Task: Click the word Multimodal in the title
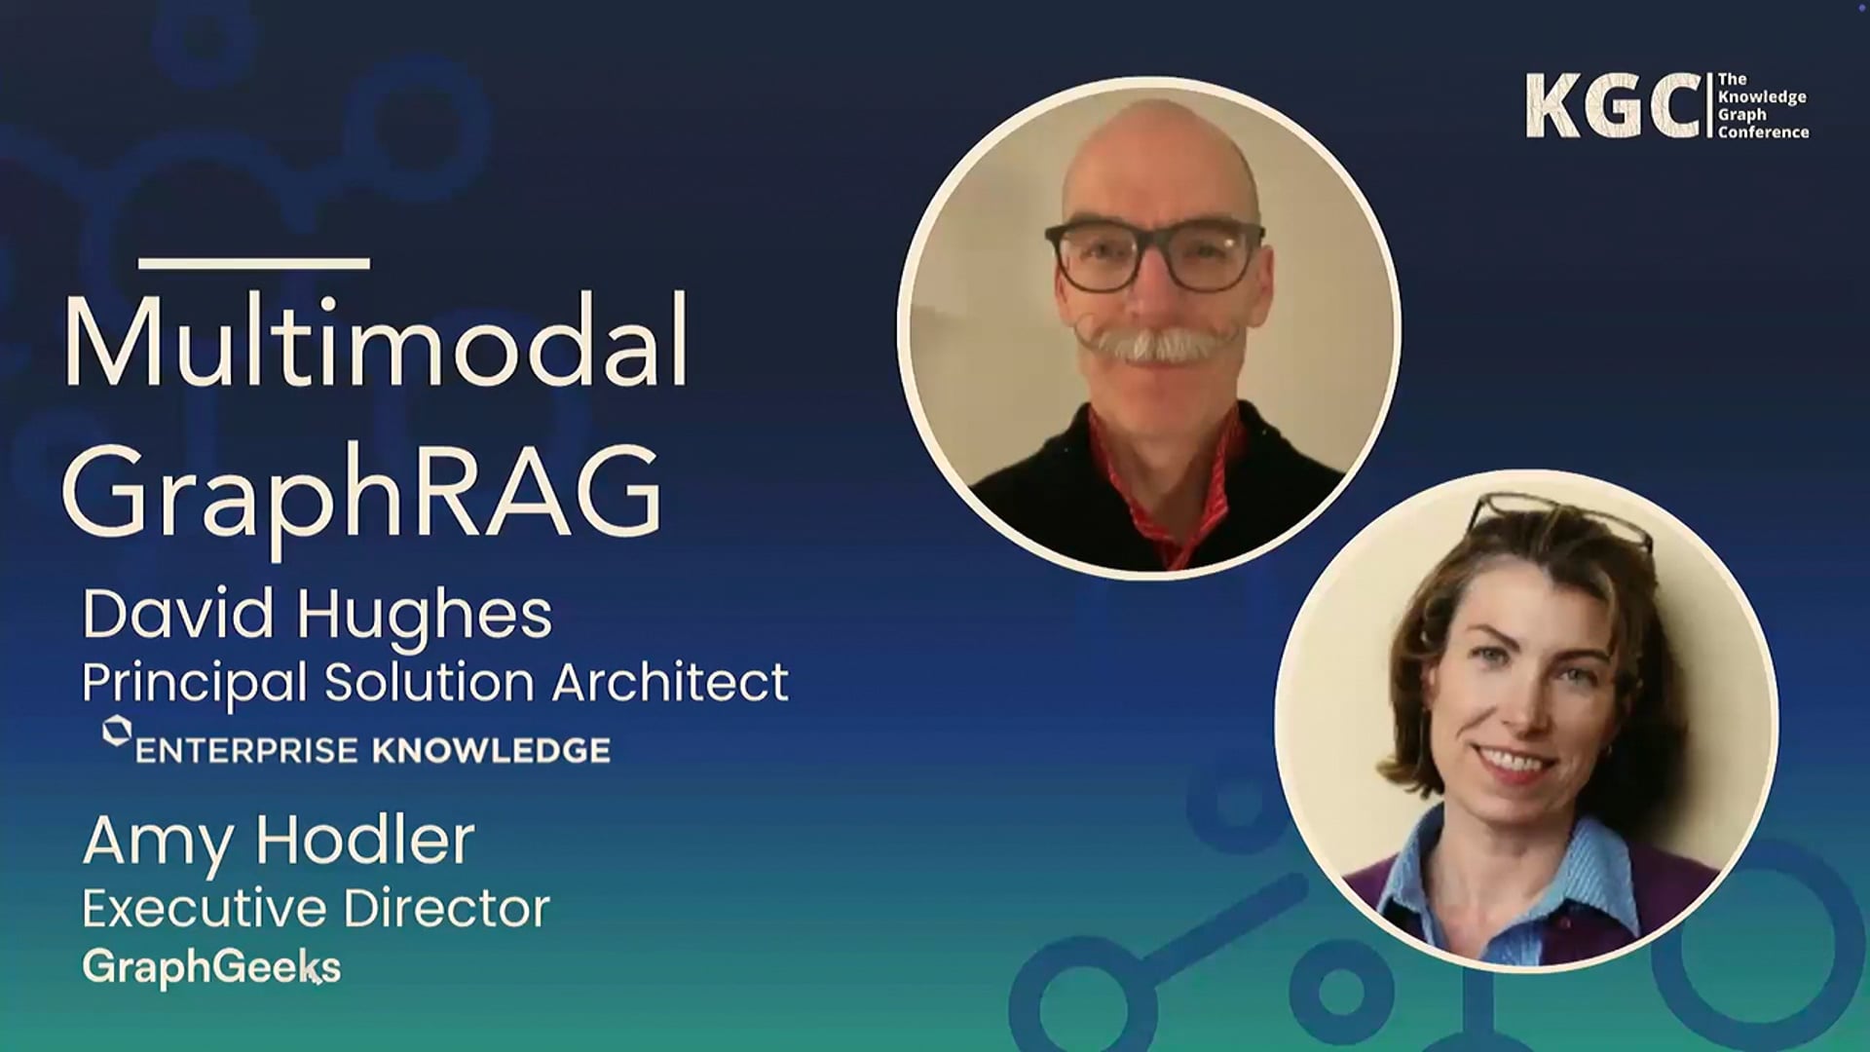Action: click(x=376, y=342)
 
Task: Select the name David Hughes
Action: click(x=317, y=615)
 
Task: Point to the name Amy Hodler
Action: click(x=279, y=841)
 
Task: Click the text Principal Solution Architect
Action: click(x=434, y=682)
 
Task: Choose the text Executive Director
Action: click(x=316, y=909)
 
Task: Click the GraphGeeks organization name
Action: click(x=211, y=966)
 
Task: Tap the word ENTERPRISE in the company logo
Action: click(x=246, y=751)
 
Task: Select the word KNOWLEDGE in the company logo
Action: click(x=491, y=751)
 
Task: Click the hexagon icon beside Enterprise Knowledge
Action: click(x=117, y=732)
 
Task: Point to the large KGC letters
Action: click(x=1612, y=106)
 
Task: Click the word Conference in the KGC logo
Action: click(x=1763, y=132)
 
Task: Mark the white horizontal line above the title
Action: click(x=254, y=263)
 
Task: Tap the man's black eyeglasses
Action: click(x=1154, y=255)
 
